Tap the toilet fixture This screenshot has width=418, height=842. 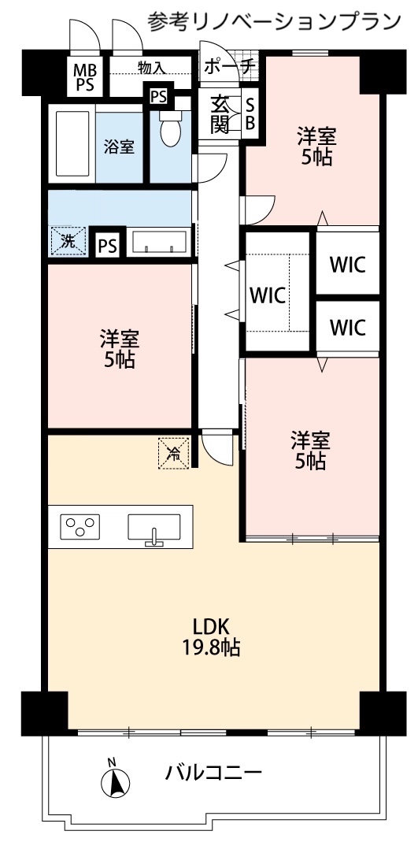[171, 128]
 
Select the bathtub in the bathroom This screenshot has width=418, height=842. [72, 143]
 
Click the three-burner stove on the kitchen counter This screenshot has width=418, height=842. [80, 525]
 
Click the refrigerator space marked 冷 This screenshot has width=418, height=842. [174, 453]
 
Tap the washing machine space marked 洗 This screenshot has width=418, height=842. [68, 240]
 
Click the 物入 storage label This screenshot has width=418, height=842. [151, 68]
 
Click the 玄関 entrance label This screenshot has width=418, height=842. [220, 113]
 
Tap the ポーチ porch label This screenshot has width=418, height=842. [228, 67]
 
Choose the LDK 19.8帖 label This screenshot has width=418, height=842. [212, 637]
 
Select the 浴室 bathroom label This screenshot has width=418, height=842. [119, 146]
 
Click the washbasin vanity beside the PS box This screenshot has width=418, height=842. [158, 241]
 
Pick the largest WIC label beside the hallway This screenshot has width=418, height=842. [268, 296]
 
